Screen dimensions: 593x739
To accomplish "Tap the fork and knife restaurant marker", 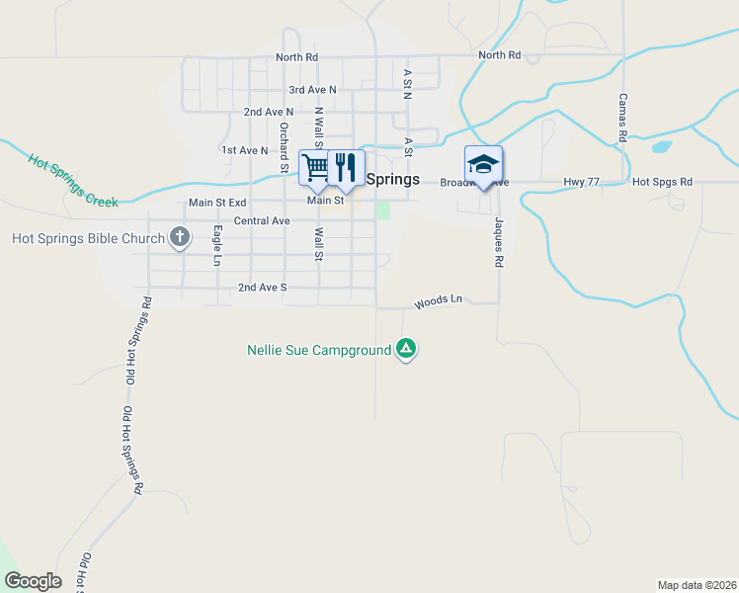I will [346, 166].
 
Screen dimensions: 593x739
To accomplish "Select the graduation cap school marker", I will [483, 164].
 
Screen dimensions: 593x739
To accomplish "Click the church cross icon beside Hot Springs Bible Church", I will [179, 236].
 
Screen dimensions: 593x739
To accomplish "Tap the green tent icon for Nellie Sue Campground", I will [405, 349].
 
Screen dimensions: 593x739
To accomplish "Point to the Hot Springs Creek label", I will [72, 180].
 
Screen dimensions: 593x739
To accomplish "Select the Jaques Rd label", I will [499, 244].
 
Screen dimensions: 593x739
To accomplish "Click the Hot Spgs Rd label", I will [662, 182].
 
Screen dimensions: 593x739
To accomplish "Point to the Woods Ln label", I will [438, 301].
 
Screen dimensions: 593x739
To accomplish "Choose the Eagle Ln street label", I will [216, 246].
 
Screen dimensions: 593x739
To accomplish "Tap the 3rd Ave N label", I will [312, 90].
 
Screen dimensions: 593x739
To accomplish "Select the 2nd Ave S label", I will [262, 288].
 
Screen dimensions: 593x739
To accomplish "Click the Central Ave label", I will [262, 220].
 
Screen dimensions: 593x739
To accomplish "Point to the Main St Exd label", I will [217, 203].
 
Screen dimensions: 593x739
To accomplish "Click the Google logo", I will [33, 581].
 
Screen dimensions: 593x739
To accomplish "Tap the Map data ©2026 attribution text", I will [697, 585].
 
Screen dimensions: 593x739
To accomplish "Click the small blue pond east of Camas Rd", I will [661, 147].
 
